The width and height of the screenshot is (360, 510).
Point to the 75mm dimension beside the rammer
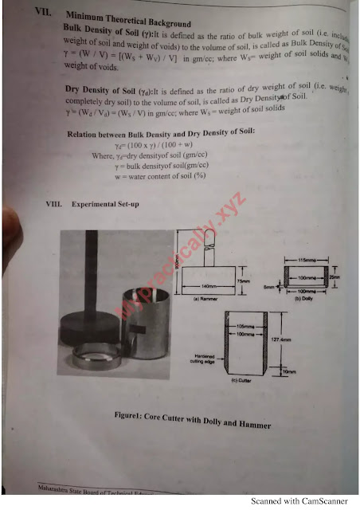pos(244,281)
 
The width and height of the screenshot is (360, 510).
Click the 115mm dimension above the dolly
pos(307,261)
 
